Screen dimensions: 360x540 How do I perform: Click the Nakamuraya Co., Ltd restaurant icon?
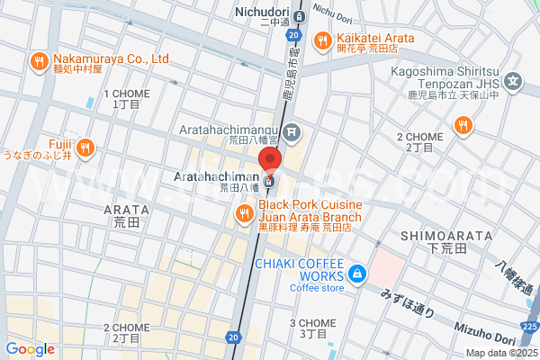tap(38, 62)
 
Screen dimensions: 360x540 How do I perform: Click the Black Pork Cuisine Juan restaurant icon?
tap(243, 213)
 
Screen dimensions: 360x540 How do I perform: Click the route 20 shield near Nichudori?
tap(294, 34)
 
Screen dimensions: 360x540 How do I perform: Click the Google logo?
tap(30, 349)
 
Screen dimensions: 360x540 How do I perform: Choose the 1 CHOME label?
tap(126, 94)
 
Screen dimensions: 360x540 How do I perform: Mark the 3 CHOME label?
tap(312, 323)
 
